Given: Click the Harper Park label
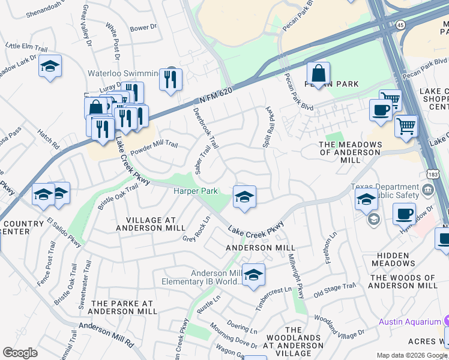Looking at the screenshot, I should pyautogui.click(x=194, y=191).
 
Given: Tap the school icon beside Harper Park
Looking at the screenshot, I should pyautogui.click(x=244, y=197).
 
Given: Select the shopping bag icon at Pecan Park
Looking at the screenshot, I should pyautogui.click(x=318, y=74).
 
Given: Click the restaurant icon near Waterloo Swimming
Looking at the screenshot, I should pyautogui.click(x=170, y=79).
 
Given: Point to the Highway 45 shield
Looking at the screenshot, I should pyautogui.click(x=399, y=25).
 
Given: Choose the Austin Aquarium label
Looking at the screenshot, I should pyautogui.click(x=409, y=322).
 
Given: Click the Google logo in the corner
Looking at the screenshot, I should pyautogui.click(x=20, y=353).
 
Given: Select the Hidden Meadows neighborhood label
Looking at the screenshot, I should pyautogui.click(x=393, y=259).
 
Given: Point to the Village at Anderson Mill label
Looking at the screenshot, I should pyautogui.click(x=146, y=224).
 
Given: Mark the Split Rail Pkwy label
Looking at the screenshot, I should pyautogui.click(x=268, y=127).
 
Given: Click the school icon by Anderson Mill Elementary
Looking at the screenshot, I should pyautogui.click(x=253, y=275).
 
